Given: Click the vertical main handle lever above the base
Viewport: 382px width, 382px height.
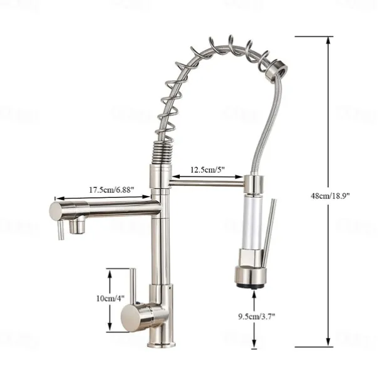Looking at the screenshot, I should (x=133, y=285).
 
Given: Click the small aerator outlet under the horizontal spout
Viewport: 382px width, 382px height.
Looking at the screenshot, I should (x=78, y=226).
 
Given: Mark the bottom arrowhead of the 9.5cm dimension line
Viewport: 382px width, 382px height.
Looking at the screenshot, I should (x=253, y=344).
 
